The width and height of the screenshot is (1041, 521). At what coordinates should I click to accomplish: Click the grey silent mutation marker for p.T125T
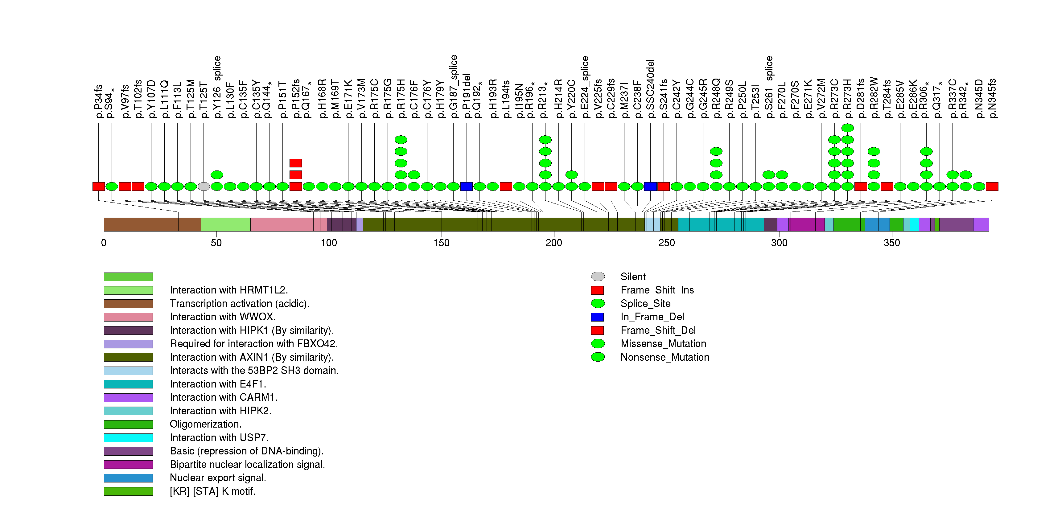(204, 186)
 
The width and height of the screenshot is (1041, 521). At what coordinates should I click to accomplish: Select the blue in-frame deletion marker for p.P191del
(466, 186)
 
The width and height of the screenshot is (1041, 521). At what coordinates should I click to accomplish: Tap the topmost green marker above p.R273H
(847, 128)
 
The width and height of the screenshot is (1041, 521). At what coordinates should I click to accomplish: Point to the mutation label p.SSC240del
(650, 89)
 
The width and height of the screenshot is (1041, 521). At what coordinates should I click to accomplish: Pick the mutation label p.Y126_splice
(217, 87)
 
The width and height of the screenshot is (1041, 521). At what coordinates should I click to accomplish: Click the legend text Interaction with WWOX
(223, 317)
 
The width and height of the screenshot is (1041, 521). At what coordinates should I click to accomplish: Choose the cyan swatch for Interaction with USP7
(128, 438)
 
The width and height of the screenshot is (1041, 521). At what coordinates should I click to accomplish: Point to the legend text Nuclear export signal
(218, 478)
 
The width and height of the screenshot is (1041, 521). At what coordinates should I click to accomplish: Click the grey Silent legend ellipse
(598, 277)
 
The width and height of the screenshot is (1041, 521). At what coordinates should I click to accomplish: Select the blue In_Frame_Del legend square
(597, 317)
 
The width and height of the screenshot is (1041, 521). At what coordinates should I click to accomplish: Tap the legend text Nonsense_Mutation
(665, 357)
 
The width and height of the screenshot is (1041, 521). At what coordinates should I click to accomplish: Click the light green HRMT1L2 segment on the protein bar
(225, 224)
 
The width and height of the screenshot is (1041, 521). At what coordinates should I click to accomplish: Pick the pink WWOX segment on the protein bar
(283, 224)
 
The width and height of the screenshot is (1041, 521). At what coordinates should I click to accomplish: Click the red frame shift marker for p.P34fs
(99, 186)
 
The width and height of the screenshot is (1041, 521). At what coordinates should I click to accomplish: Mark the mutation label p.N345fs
(992, 98)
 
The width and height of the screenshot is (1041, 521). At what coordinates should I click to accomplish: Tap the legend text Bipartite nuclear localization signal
(247, 465)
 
